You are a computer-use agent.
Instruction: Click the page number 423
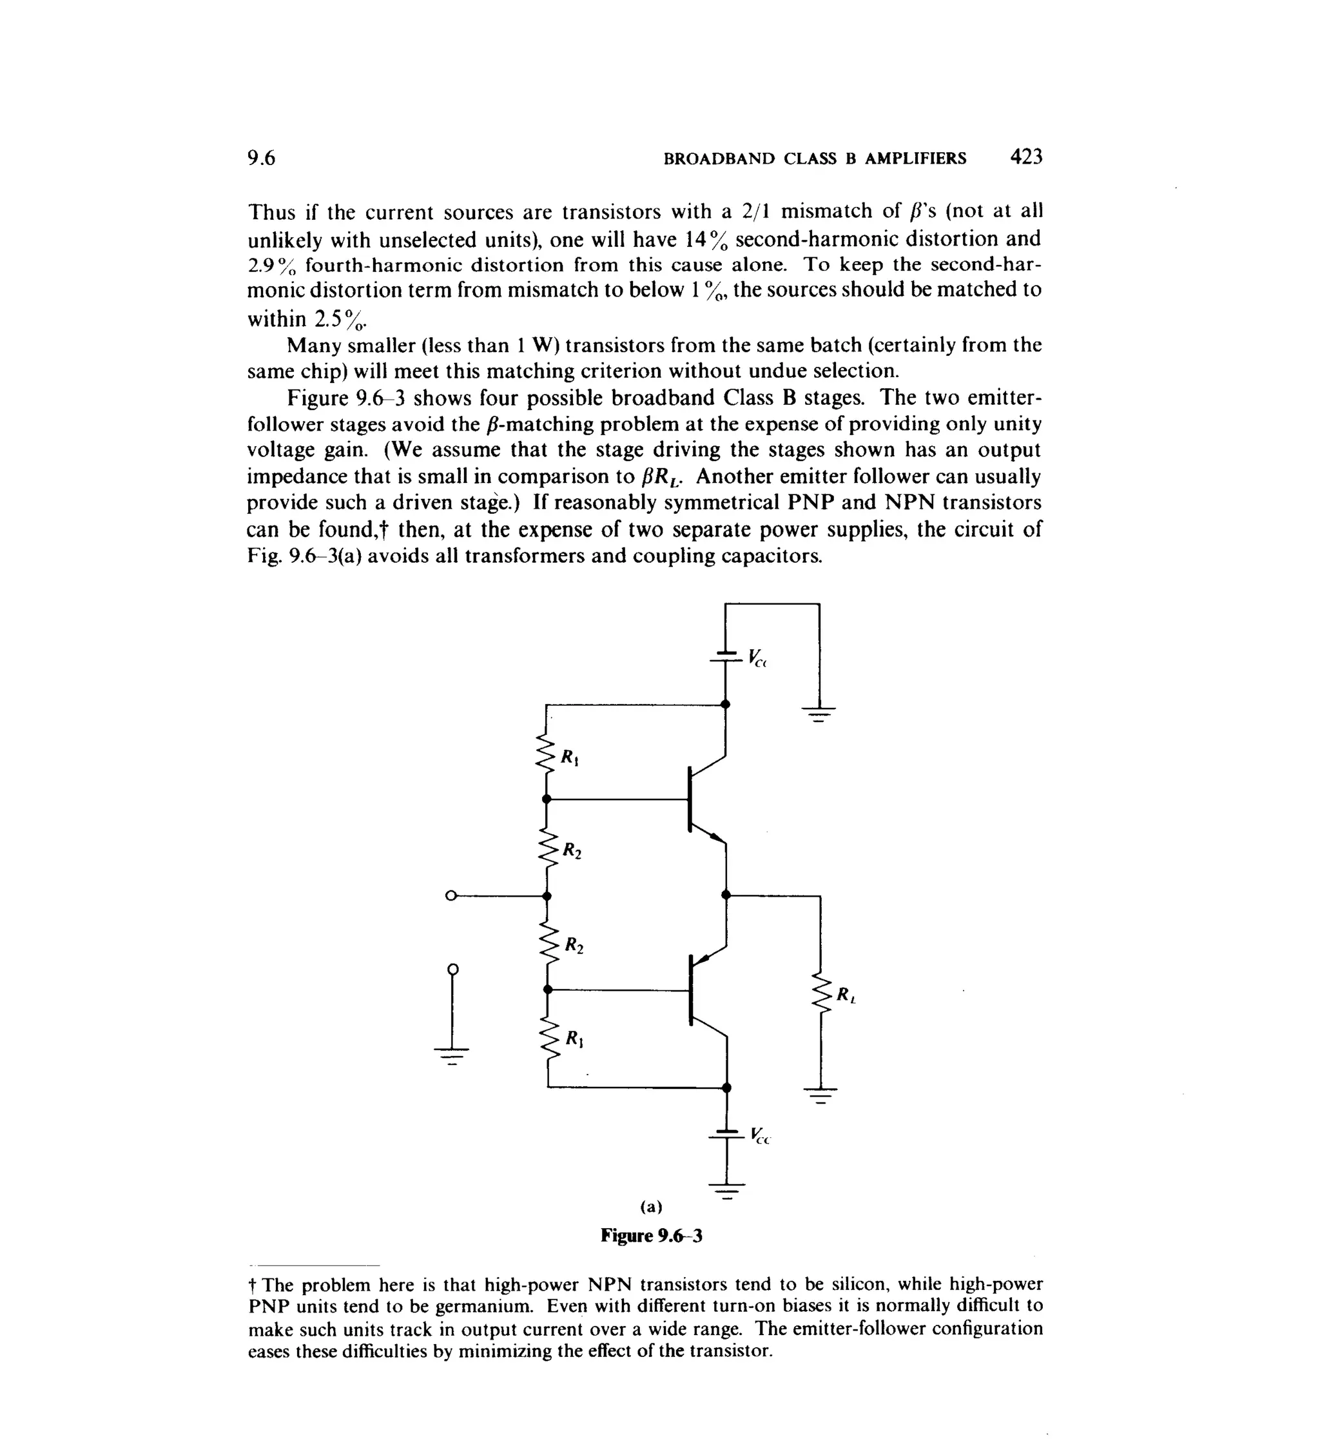tap(1026, 157)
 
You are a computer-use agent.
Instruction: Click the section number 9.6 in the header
tap(261, 158)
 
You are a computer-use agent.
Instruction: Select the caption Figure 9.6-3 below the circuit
tap(651, 1236)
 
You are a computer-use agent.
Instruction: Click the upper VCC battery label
tap(756, 658)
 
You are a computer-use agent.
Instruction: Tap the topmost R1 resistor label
tap(570, 758)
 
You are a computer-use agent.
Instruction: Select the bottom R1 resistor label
tap(574, 1039)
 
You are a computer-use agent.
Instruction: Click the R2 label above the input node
tap(572, 851)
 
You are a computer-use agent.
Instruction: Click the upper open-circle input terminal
tap(451, 895)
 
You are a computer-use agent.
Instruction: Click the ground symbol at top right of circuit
tap(819, 714)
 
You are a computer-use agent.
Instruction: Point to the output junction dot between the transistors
tap(726, 895)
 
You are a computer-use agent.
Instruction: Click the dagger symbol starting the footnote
tap(253, 1285)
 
